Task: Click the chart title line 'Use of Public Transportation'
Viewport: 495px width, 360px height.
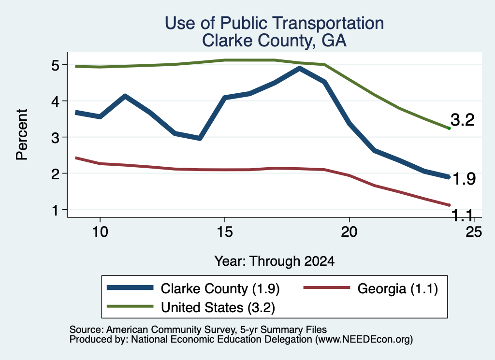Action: [x=275, y=23]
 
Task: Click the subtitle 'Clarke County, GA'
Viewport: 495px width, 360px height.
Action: [x=275, y=41]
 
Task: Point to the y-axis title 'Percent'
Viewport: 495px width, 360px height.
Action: [x=22, y=134]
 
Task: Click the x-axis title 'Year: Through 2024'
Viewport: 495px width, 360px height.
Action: [x=275, y=261]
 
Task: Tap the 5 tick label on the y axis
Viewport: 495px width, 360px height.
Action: [x=56, y=65]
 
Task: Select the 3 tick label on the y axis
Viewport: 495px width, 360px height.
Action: [x=56, y=138]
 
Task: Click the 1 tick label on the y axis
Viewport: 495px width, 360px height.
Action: [x=56, y=210]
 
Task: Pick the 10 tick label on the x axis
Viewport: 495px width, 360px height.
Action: [x=100, y=232]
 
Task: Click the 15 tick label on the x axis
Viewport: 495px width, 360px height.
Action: [x=225, y=232]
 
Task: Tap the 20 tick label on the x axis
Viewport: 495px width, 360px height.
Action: [x=349, y=232]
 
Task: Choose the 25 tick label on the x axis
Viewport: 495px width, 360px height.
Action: [x=474, y=232]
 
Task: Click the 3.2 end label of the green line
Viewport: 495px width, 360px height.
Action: [x=463, y=120]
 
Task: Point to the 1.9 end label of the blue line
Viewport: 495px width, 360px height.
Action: [x=464, y=179]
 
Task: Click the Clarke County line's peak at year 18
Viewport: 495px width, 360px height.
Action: [x=299, y=68]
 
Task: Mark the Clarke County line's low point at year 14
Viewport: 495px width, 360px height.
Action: [x=200, y=138]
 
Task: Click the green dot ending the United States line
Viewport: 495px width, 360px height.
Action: [x=449, y=128]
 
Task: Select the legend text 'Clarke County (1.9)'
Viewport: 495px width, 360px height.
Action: [x=220, y=288]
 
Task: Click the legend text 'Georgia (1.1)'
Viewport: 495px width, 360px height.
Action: [x=398, y=288]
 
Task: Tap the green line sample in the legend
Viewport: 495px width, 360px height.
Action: [x=130, y=306]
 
